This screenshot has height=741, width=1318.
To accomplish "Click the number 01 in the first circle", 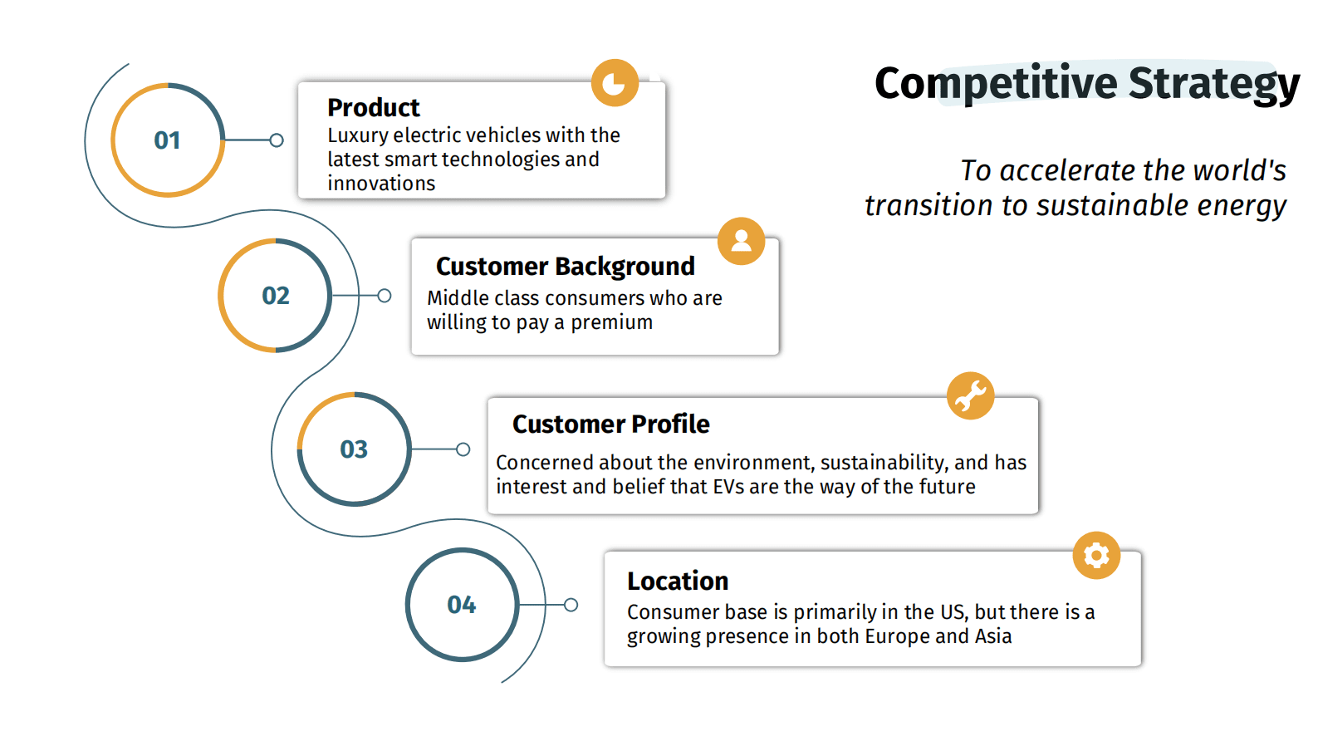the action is [167, 140].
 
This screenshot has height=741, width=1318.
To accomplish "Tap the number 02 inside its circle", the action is [276, 296].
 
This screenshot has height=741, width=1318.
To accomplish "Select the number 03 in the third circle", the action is [354, 449].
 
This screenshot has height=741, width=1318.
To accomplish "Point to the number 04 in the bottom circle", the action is [461, 605].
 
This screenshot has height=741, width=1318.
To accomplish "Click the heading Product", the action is [374, 108].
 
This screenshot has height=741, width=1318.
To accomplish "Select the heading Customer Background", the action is [566, 267].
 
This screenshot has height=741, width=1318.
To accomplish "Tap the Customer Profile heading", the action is [610, 424].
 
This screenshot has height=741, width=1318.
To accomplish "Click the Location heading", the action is [678, 581].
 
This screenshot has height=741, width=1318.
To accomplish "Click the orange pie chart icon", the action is [615, 83].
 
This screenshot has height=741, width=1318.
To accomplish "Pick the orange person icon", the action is [742, 241].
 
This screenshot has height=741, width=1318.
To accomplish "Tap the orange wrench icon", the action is [971, 395].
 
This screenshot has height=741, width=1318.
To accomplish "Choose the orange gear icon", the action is [1096, 556].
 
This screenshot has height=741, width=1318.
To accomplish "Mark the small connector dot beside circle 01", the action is [277, 140].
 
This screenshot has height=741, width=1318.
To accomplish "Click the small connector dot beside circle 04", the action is [571, 605].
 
